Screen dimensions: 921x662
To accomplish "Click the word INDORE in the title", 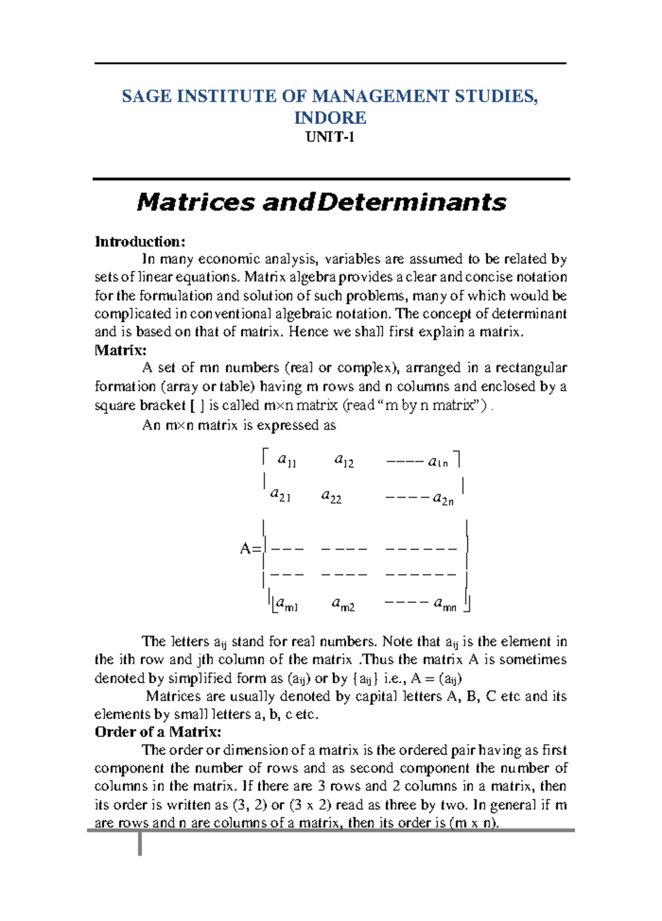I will (x=330, y=118).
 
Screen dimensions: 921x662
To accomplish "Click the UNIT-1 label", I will (x=330, y=137).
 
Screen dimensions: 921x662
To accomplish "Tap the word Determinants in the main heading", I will (x=412, y=203).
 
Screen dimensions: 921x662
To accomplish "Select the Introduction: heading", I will (x=140, y=241).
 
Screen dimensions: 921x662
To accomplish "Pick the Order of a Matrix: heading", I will (x=158, y=732).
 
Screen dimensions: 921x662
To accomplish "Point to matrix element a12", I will (x=344, y=460).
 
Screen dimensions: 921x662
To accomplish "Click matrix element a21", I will (x=280, y=495).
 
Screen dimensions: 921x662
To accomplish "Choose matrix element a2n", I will (x=443, y=499).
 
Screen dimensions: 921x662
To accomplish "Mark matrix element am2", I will (x=343, y=605).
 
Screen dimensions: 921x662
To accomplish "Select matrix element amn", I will (x=445, y=605).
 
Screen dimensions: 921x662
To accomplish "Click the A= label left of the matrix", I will (x=250, y=549).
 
